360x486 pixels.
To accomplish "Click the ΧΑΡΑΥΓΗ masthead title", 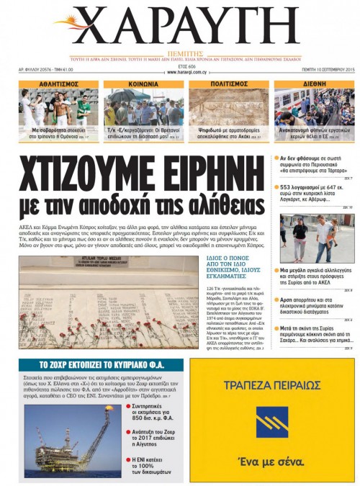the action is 179,26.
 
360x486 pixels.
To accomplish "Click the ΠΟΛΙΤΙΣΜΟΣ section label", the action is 228,84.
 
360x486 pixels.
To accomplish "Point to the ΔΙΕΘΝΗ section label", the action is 313,84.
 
